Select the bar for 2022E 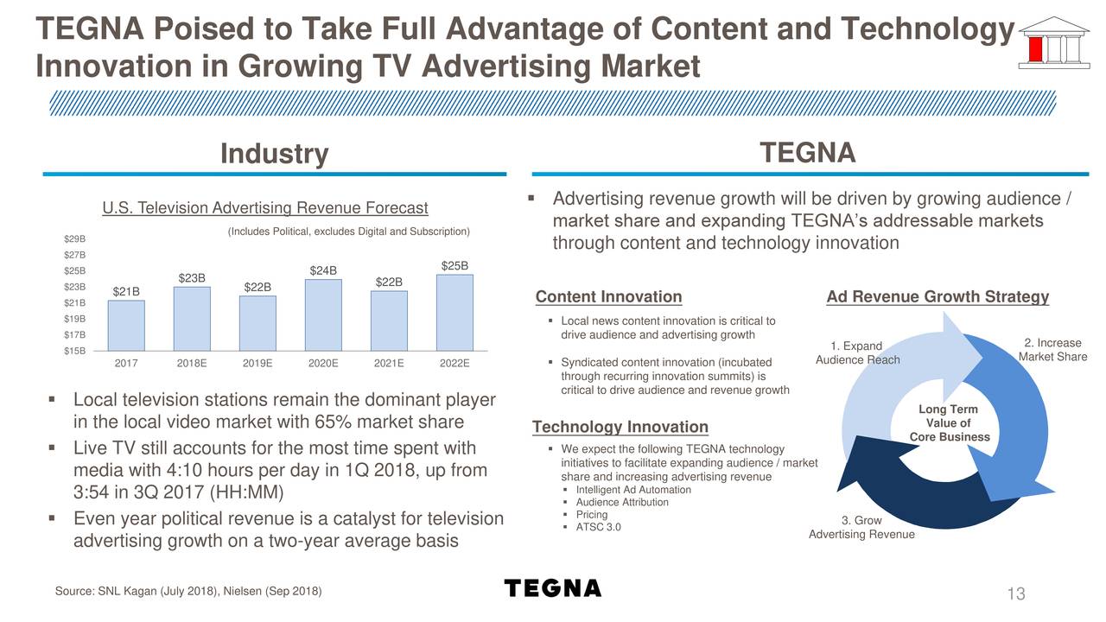click(454, 312)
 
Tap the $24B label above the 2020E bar click(323, 270)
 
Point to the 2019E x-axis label click(257, 364)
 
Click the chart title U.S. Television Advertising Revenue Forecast click(264, 208)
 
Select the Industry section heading click(275, 154)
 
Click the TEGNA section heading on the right click(807, 153)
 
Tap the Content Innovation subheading click(608, 297)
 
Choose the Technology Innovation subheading click(620, 427)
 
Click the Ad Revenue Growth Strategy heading click(938, 297)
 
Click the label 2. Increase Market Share click(1052, 350)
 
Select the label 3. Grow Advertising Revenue click(861, 528)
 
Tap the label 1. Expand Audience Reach click(858, 353)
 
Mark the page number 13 click(1015, 594)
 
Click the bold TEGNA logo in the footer click(552, 588)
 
